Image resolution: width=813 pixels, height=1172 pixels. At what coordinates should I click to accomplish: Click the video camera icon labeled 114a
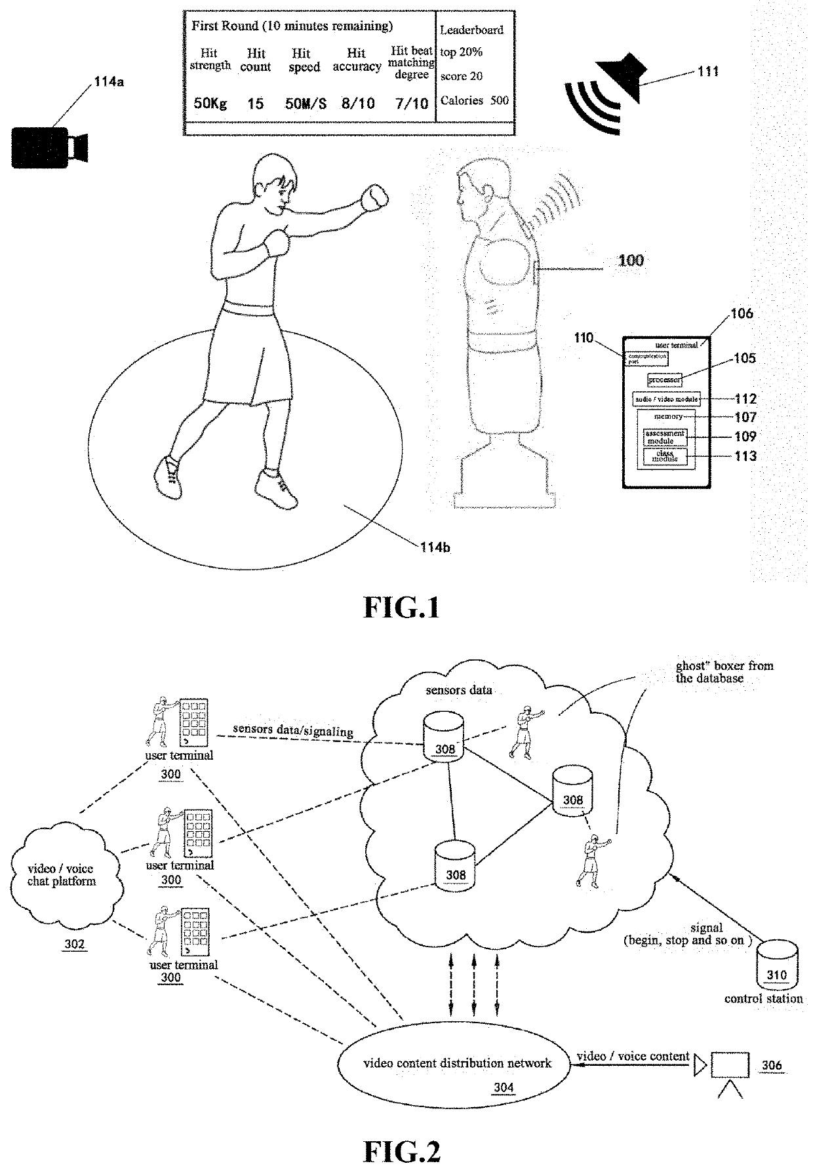tap(49, 147)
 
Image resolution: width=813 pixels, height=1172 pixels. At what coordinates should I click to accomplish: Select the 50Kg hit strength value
tap(210, 104)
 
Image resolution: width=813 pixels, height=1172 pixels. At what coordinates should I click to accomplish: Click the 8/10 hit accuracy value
tap(357, 104)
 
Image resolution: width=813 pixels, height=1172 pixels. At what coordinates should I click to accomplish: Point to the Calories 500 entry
tap(474, 100)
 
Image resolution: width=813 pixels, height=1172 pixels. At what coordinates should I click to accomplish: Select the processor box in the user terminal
tap(664, 380)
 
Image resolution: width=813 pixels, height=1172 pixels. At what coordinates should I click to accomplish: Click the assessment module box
tap(665, 437)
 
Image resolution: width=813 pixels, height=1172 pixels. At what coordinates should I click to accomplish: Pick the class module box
tap(665, 456)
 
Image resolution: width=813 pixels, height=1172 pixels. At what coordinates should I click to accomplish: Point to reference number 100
tap(631, 260)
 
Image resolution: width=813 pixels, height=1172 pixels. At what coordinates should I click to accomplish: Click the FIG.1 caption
tap(401, 608)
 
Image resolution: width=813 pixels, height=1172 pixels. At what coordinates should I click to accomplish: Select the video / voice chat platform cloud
tap(62, 876)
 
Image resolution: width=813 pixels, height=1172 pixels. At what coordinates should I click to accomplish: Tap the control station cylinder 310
tap(777, 966)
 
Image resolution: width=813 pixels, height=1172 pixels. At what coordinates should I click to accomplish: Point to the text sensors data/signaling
tap(292, 730)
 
